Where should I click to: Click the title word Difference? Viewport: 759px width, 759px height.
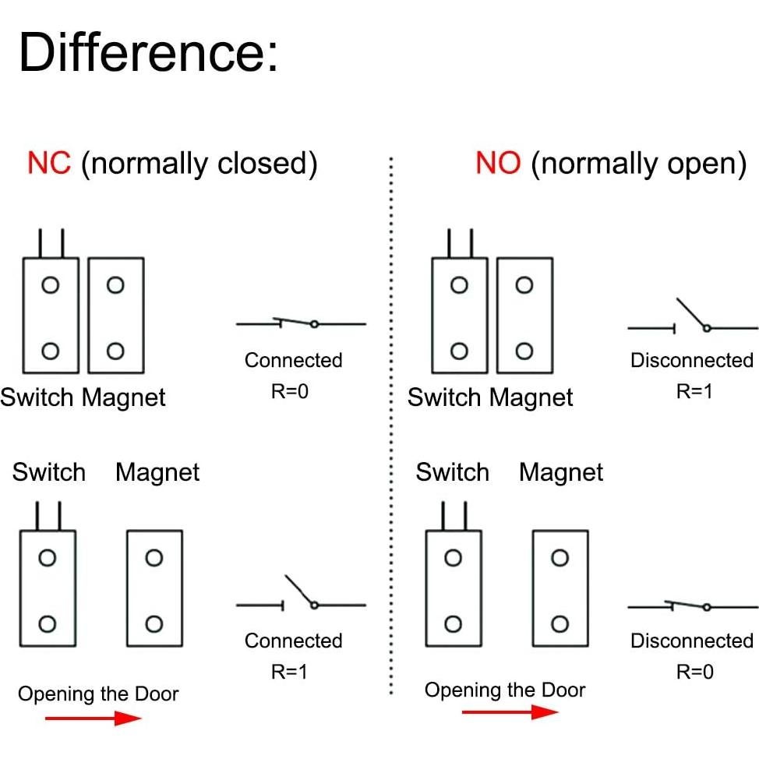pos(148,53)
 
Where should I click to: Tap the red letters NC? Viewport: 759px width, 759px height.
pos(49,164)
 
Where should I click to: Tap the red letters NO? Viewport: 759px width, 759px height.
pos(498,164)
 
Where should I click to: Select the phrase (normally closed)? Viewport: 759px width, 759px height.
pos(199,164)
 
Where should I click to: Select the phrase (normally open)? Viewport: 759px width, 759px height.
pos(639,164)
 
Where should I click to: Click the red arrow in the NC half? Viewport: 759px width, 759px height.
pos(93,718)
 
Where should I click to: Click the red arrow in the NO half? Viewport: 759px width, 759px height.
pos(510,711)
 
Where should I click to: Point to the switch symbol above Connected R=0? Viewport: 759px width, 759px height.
pos(301,323)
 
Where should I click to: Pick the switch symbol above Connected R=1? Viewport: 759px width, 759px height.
pos(301,596)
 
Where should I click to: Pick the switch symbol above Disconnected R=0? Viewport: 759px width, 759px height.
pos(692,606)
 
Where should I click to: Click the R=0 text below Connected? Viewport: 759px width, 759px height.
pos(290,391)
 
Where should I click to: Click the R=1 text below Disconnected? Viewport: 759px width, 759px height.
pos(694,391)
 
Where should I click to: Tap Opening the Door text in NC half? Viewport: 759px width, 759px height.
pos(98,694)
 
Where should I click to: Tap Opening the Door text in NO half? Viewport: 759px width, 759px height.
pos(504,690)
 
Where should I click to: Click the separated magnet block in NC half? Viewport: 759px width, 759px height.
pos(154,588)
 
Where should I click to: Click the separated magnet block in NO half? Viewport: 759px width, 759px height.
pos(560,588)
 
